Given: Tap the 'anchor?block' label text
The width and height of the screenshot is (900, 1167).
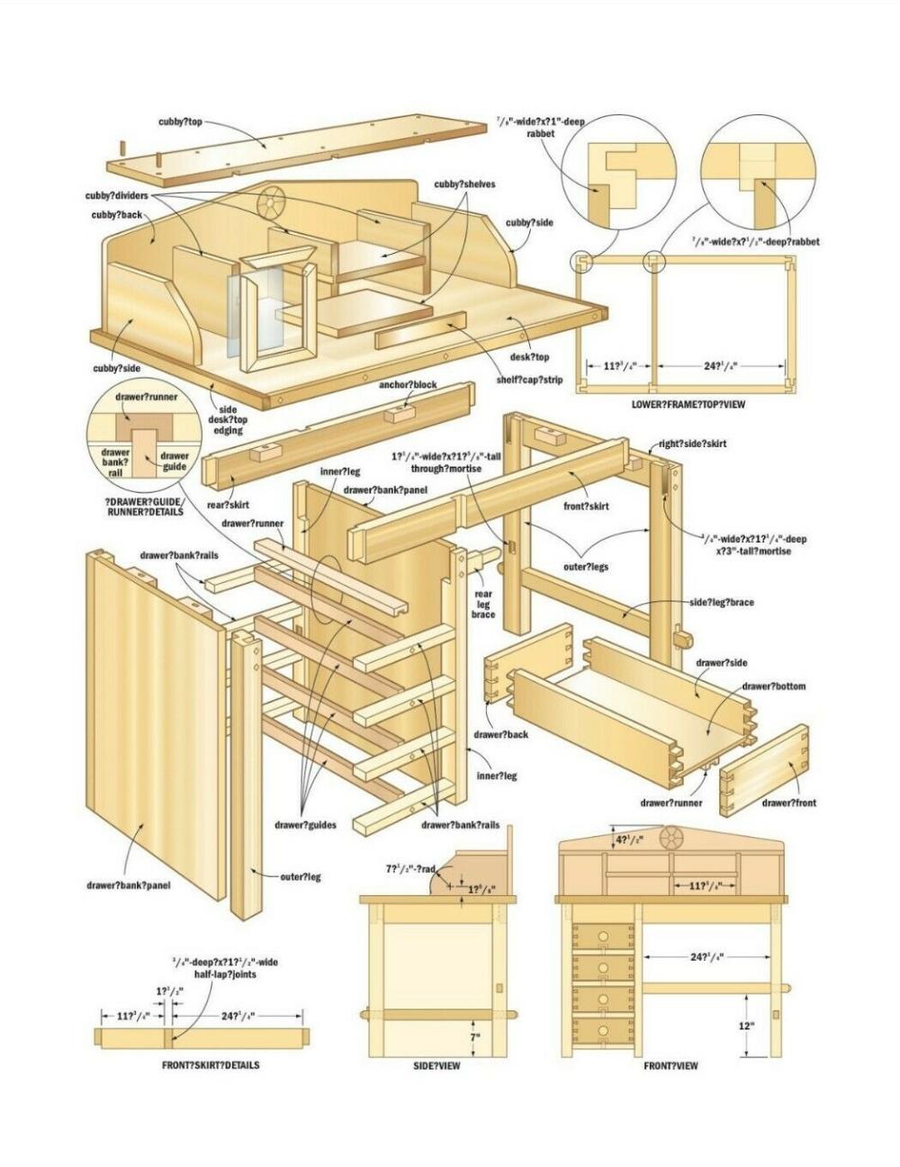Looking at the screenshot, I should tap(408, 384).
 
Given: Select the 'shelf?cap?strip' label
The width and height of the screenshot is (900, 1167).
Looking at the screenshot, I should tap(529, 380).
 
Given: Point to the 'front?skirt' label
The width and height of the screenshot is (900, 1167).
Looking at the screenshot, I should tap(586, 506).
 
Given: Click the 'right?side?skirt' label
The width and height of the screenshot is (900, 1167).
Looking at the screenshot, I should tap(692, 444).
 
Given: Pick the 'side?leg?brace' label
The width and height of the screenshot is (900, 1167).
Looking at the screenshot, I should tap(721, 602).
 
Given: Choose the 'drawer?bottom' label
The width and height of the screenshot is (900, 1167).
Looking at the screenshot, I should tap(773, 687).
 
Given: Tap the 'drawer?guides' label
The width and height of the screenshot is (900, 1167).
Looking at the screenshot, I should tap(305, 824).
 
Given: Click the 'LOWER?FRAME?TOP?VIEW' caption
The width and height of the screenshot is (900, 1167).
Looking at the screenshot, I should tap(688, 405).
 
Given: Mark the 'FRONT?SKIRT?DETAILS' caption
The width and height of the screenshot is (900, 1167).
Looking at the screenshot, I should tap(211, 1065).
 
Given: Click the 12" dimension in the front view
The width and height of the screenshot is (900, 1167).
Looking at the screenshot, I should tap(746, 1025).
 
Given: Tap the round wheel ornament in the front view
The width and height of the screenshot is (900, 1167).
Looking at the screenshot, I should tap(670, 839).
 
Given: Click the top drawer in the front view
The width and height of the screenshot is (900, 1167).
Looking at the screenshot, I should tap(603, 936).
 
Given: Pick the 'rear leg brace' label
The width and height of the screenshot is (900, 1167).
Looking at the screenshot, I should tap(483, 604).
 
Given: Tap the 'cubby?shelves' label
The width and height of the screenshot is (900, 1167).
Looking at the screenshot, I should tap(464, 184).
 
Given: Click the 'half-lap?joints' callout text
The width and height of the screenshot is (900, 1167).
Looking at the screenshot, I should tap(226, 968).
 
